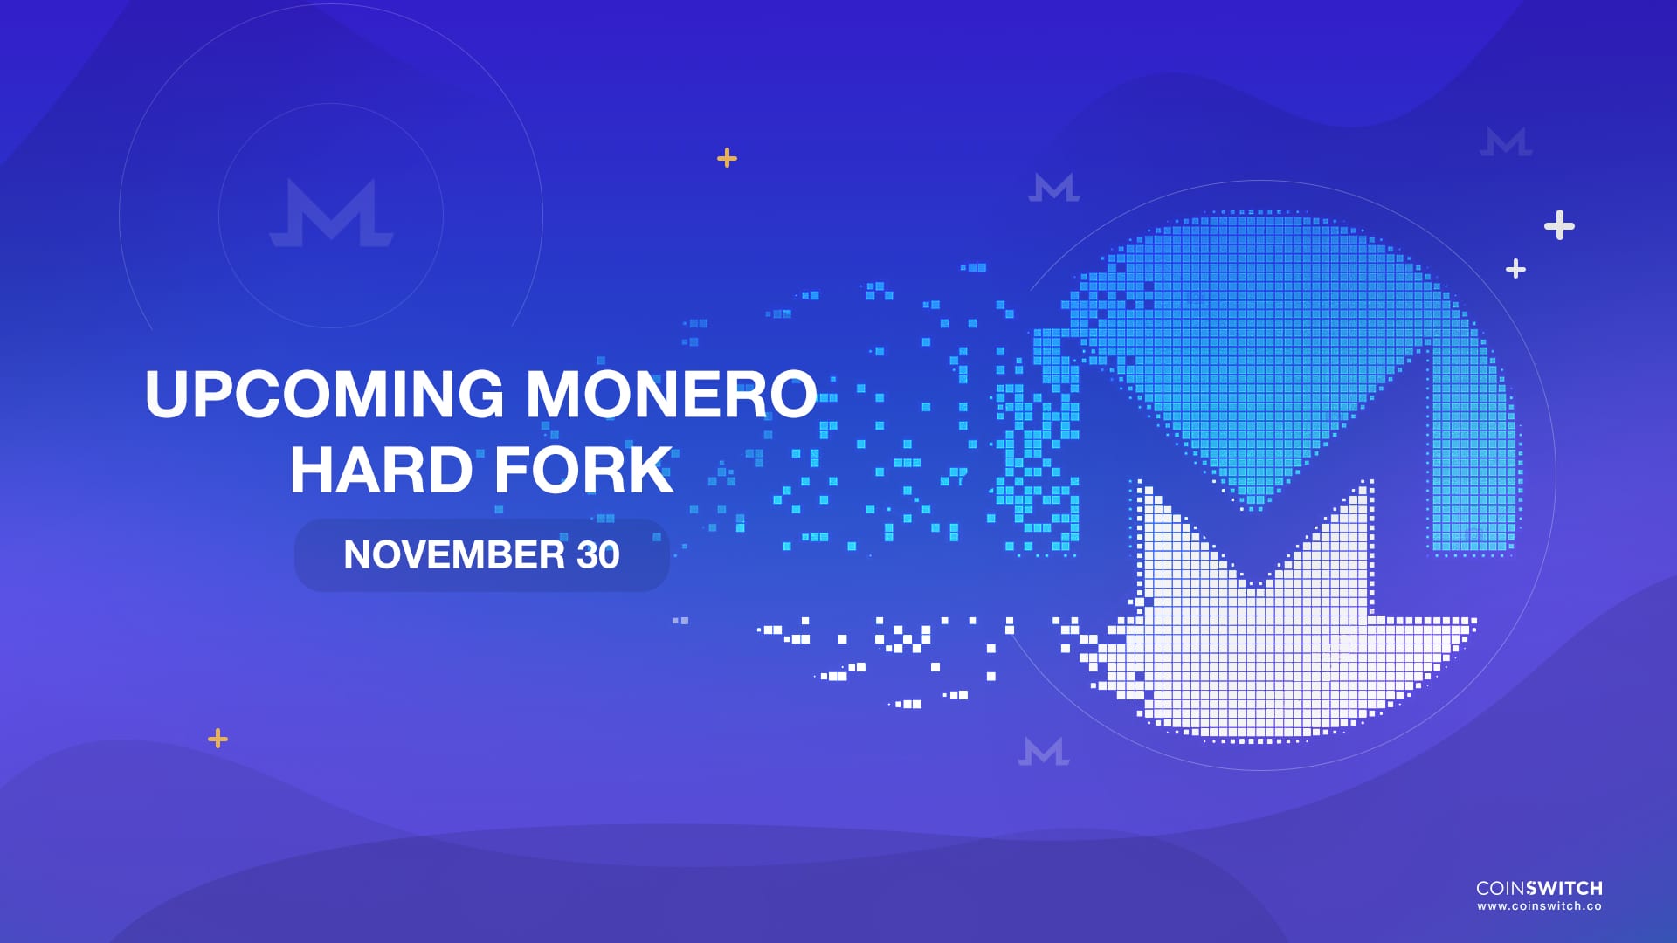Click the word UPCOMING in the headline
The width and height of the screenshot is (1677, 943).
[x=324, y=395]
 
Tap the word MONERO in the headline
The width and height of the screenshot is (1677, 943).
[x=671, y=395]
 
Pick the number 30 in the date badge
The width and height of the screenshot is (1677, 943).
[x=598, y=555]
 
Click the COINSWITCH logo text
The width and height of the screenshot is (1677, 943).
[x=1539, y=888]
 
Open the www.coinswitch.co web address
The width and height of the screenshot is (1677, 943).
[x=1539, y=907]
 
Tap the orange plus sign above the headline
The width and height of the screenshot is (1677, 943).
[x=727, y=158]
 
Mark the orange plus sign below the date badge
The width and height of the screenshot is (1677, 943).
[x=218, y=740]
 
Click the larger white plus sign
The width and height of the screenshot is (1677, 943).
[x=1559, y=225]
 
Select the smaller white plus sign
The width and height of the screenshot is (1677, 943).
[x=1515, y=269]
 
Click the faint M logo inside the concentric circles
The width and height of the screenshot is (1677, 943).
[x=332, y=214]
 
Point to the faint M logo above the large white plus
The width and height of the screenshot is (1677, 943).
[x=1506, y=142]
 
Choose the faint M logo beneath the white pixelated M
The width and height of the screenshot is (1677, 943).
[x=1044, y=751]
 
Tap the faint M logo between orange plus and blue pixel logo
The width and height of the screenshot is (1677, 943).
[x=1054, y=188]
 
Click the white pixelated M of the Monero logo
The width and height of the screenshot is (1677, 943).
[x=1258, y=646]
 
